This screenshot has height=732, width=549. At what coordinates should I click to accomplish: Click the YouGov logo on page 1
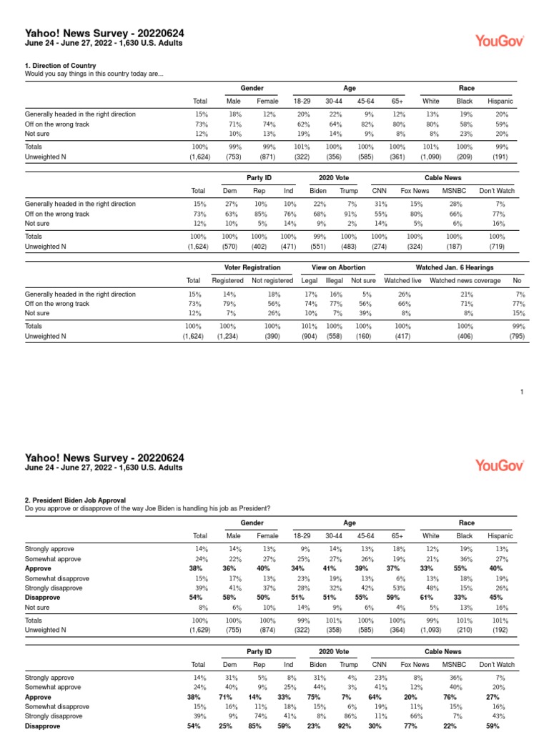(500, 41)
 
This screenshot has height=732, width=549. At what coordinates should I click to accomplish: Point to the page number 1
(522, 391)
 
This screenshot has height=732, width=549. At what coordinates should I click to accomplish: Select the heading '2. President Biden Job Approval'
(75, 500)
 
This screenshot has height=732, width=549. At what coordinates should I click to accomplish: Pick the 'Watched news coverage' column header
(465, 280)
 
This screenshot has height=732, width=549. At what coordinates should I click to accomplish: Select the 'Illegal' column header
(335, 280)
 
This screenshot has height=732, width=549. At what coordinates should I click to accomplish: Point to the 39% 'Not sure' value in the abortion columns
(365, 312)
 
